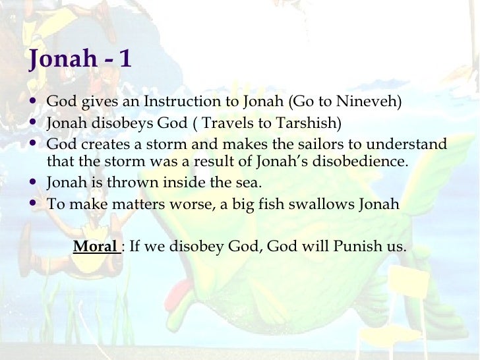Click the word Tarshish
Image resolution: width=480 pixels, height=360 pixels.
point(308,123)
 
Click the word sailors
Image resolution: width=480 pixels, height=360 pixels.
point(309,144)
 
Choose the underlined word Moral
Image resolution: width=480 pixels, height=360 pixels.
point(95,247)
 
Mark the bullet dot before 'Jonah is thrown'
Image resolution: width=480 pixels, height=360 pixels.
point(33,183)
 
